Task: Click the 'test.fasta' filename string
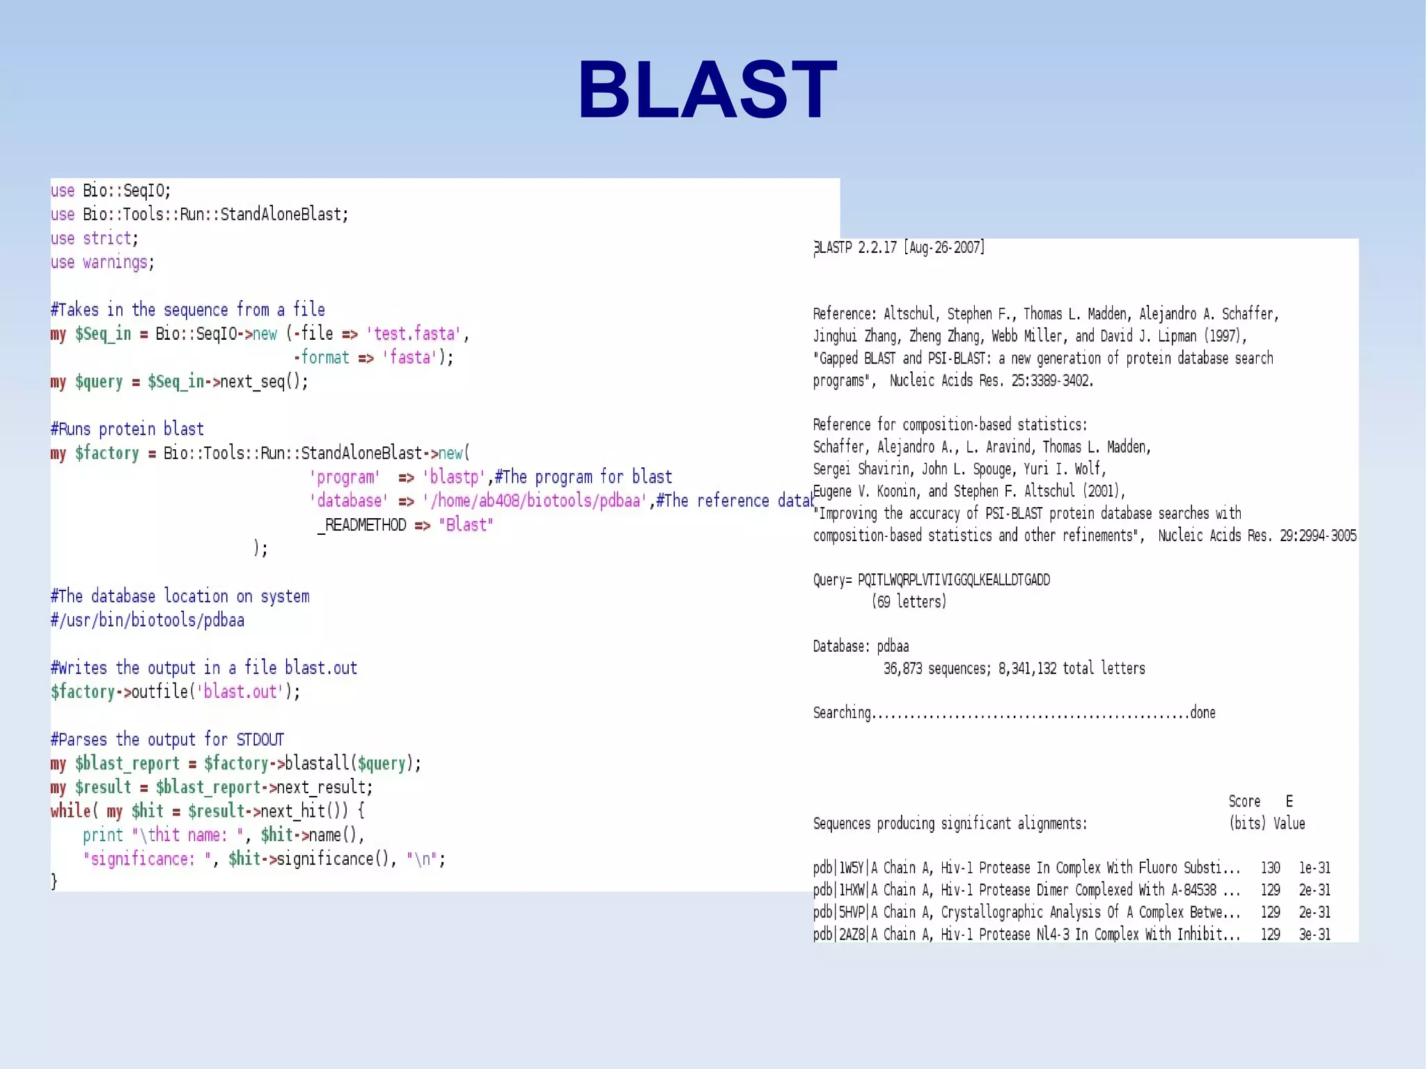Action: pyautogui.click(x=414, y=334)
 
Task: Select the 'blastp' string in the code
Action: pyautogui.click(x=453, y=477)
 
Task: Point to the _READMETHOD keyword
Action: pyautogui.click(x=362, y=525)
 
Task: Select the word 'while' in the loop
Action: pyautogui.click(x=70, y=811)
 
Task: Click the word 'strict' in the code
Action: pyautogui.click(x=107, y=239)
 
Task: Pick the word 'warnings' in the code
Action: pyautogui.click(x=115, y=263)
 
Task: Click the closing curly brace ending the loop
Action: pyautogui.click(x=54, y=882)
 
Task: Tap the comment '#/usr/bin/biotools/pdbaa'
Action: pyautogui.click(x=148, y=621)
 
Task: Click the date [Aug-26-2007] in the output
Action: pyautogui.click(x=943, y=248)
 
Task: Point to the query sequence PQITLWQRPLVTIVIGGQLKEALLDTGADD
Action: pyautogui.click(x=954, y=580)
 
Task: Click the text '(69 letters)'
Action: pyautogui.click(x=909, y=602)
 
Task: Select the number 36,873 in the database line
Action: pyautogui.click(x=902, y=669)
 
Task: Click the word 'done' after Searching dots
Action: pyautogui.click(x=1202, y=713)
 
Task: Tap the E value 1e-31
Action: pyautogui.click(x=1314, y=868)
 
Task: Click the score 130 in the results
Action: pyautogui.click(x=1270, y=868)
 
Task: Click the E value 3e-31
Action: pyautogui.click(x=1314, y=935)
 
